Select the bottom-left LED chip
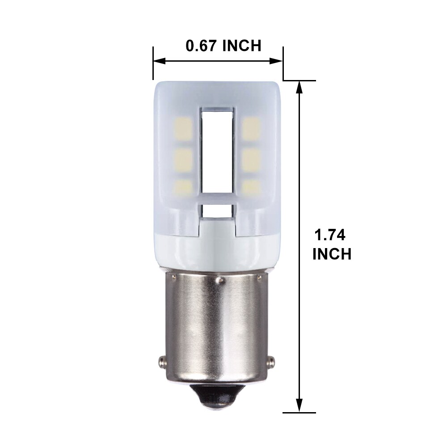184,187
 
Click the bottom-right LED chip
252,187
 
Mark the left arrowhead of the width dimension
157,61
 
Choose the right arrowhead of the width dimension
278,61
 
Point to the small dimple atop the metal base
219,280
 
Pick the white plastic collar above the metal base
218,250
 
